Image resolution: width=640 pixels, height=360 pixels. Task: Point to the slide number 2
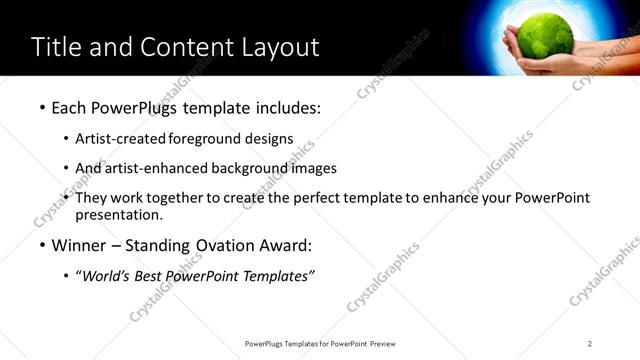tap(590, 344)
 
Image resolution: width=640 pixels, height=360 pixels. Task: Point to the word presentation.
tap(118, 215)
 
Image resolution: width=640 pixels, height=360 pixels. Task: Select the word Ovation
tap(223, 245)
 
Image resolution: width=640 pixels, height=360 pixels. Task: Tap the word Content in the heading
tap(175, 47)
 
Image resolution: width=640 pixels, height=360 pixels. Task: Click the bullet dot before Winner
tap(42, 245)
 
